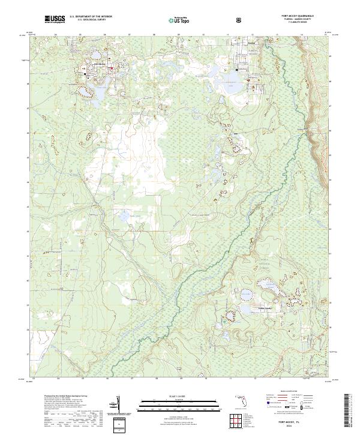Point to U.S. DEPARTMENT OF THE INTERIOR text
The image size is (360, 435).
(x=89, y=16)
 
